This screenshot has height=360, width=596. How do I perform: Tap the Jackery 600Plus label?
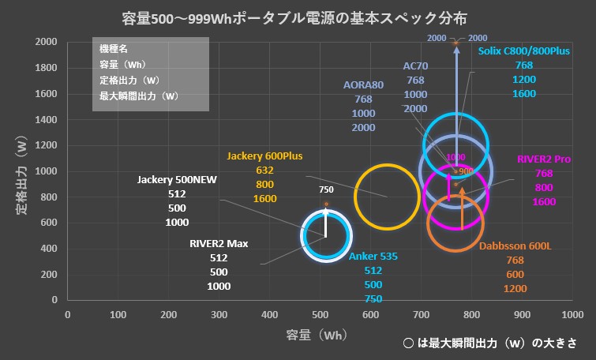264,156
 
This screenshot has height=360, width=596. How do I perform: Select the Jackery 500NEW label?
177,179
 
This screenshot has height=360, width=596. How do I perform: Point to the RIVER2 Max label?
219,243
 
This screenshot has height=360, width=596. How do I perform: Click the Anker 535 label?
373,256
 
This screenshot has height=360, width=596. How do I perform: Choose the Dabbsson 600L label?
515,246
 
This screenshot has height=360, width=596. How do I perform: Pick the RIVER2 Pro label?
544,159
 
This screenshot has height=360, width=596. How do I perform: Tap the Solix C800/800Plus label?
523,51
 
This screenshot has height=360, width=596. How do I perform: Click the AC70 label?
415,66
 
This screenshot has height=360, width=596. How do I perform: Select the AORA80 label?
363,84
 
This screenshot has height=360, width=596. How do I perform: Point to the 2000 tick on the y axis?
46,42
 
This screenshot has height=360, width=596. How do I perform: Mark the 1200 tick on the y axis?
46,145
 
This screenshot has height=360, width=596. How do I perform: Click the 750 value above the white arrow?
326,189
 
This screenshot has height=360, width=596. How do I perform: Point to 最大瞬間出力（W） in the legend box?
138,96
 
